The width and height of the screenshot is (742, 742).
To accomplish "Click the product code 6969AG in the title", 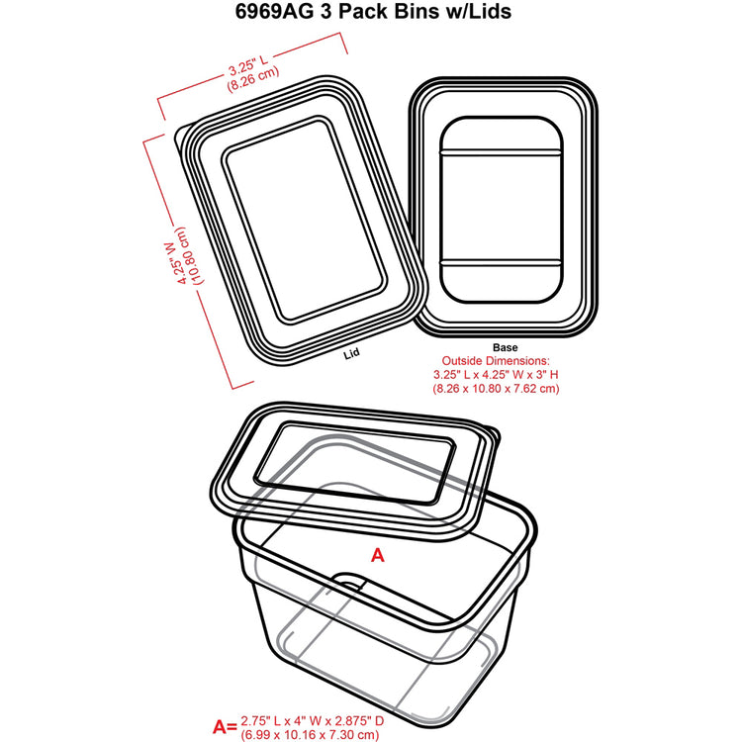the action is pyautogui.click(x=274, y=11).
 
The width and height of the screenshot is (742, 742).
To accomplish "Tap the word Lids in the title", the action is pyautogui.click(x=491, y=11).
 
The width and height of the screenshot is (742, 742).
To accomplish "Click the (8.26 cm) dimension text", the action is pyautogui.click(x=253, y=79).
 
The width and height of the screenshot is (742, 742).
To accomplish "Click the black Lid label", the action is pyautogui.click(x=351, y=353).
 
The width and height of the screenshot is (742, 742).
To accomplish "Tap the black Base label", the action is pyautogui.click(x=505, y=348).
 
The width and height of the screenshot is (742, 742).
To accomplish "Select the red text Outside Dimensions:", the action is pyautogui.click(x=496, y=361).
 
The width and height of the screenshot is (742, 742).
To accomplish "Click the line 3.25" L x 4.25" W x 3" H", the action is pyautogui.click(x=496, y=375).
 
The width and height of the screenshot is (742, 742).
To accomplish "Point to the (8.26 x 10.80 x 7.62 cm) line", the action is pyautogui.click(x=496, y=389).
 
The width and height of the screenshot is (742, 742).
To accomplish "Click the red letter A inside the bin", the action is pyautogui.click(x=378, y=555).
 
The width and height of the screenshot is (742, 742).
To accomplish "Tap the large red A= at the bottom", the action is pyautogui.click(x=225, y=726).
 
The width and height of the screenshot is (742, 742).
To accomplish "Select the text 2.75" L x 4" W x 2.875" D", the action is pyautogui.click(x=313, y=721).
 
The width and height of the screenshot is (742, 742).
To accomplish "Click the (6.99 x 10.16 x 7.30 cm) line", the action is pyautogui.click(x=310, y=735).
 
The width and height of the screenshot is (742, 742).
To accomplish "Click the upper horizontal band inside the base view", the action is pyautogui.click(x=502, y=152).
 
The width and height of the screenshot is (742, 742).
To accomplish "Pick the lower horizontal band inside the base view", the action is pyautogui.click(x=502, y=262).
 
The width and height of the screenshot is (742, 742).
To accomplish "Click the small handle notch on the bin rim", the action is pyautogui.click(x=350, y=582).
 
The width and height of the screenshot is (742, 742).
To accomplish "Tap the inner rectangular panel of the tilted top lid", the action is pyautogui.click(x=304, y=220).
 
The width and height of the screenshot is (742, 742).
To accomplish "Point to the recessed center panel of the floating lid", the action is pyautogui.click(x=355, y=461).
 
